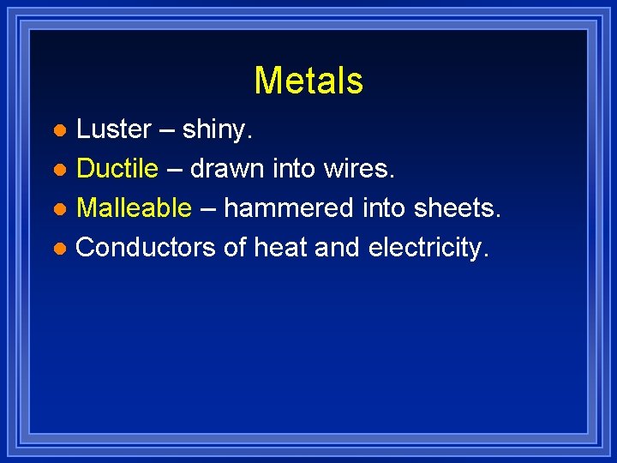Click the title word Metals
[x=308, y=81]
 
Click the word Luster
[x=114, y=129]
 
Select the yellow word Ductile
[x=117, y=169]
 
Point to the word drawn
[x=228, y=169]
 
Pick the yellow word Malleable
[x=134, y=208]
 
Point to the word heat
[x=279, y=248]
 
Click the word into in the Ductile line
[x=294, y=169]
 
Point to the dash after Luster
[x=166, y=130]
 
